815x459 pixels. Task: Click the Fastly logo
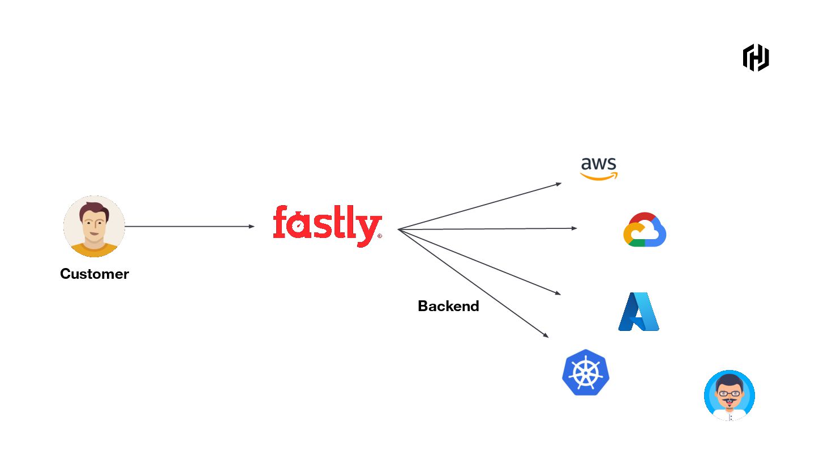[327, 225]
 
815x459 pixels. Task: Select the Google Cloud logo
[645, 229]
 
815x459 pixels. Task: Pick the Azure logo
[638, 312]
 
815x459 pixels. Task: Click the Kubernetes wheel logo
[586, 372]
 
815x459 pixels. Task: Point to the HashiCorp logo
[756, 57]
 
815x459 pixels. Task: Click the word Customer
[95, 274]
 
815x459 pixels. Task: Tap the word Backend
[448, 306]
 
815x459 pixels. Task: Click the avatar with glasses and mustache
[730, 396]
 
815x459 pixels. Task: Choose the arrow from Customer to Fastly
[190, 227]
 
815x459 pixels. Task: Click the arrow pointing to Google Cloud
[487, 229]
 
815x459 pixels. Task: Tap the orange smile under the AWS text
[599, 177]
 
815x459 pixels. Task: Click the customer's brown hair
[94, 209]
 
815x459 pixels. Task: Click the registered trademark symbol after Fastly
[379, 236]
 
